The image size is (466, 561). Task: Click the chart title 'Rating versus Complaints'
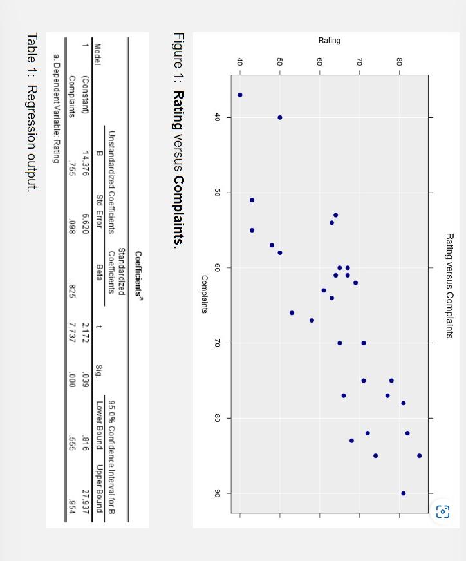pos(449,285)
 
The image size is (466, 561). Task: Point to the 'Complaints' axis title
pos(204,294)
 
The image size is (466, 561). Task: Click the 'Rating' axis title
pos(330,41)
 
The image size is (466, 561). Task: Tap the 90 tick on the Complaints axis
pos(218,493)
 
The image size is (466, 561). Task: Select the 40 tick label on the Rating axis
pos(240,62)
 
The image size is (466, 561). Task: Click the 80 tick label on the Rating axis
pos(399,62)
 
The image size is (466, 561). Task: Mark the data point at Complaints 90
pos(404,493)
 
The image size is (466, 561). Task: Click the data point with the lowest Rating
pos(240,95)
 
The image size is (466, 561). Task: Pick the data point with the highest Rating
pos(420,455)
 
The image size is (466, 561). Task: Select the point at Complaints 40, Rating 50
pos(280,117)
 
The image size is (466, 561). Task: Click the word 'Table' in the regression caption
pos(33,50)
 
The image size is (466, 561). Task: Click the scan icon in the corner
pos(443,512)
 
